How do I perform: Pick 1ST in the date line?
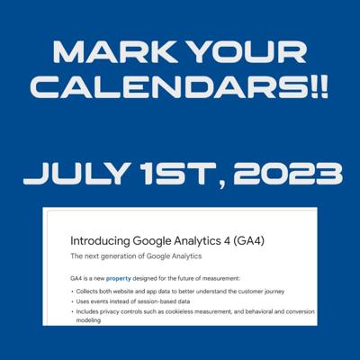(x=179, y=174)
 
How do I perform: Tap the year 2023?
(x=287, y=174)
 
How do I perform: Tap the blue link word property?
(x=119, y=279)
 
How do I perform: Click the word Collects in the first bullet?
(x=85, y=292)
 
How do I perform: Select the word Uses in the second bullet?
(x=82, y=301)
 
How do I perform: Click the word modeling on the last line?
(x=88, y=320)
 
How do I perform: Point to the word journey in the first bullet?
(x=274, y=292)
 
